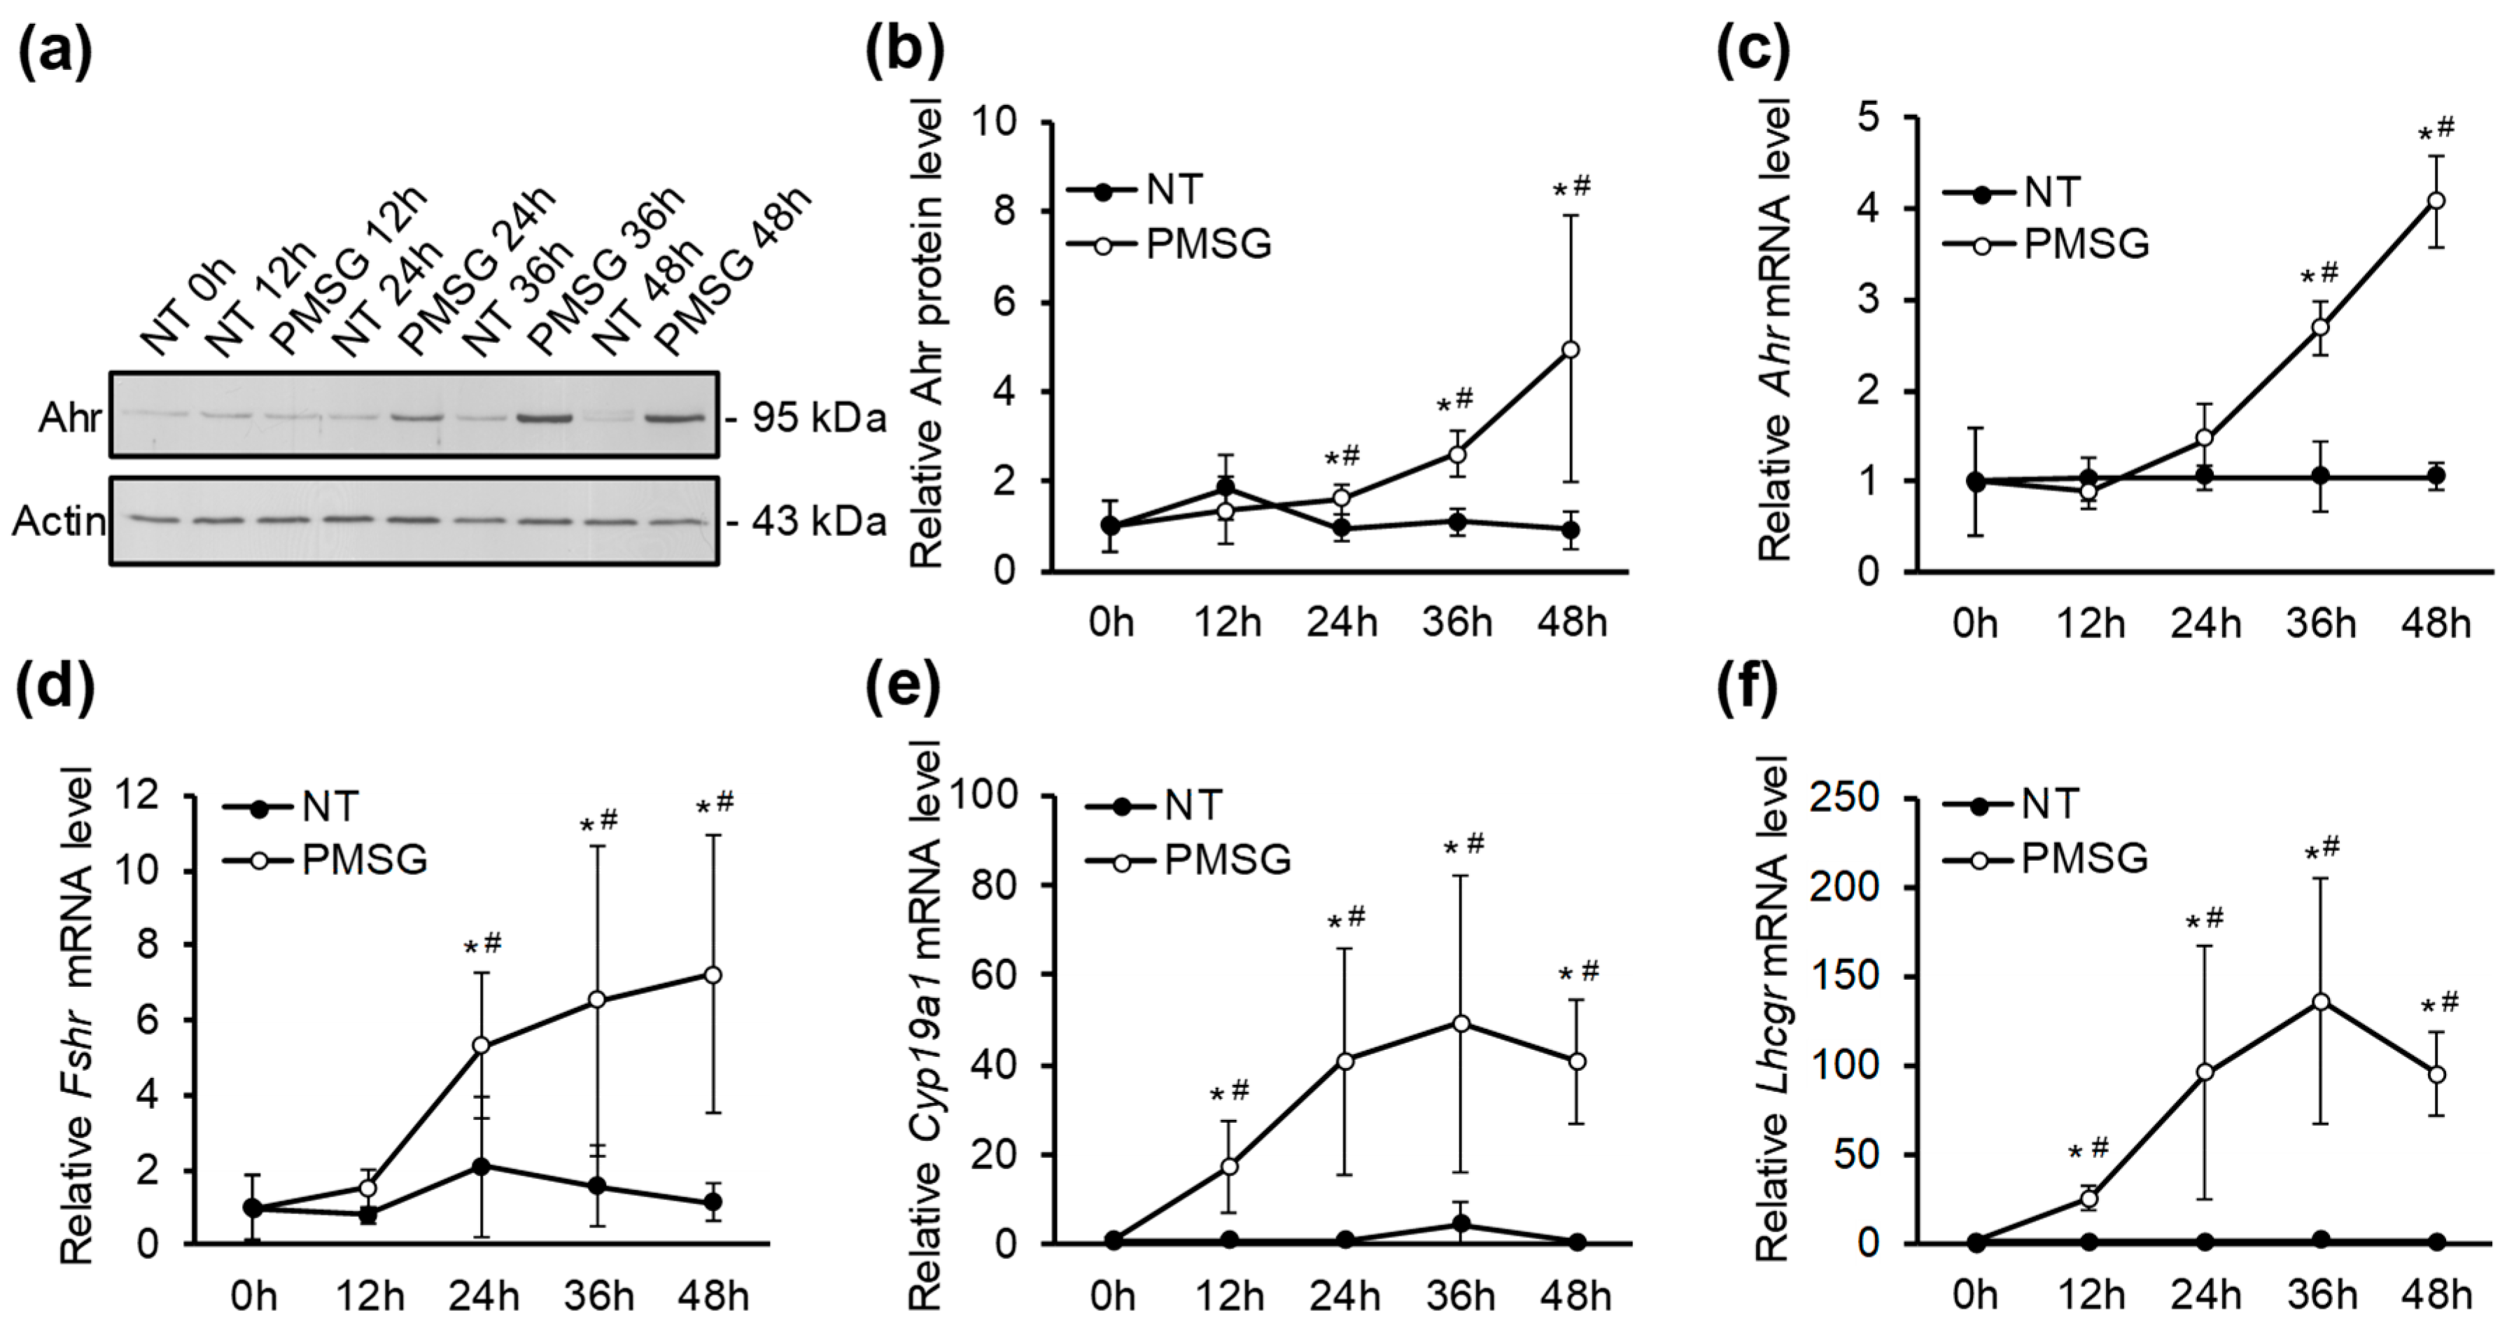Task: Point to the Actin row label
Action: (x=59, y=522)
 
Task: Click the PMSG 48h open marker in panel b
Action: (x=1571, y=349)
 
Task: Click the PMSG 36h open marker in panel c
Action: (x=2322, y=327)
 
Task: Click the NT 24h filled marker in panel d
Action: (x=481, y=1166)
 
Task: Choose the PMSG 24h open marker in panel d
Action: (x=481, y=1045)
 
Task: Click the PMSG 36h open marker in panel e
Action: (x=1461, y=1023)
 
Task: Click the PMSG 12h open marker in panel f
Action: (x=2089, y=1199)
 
